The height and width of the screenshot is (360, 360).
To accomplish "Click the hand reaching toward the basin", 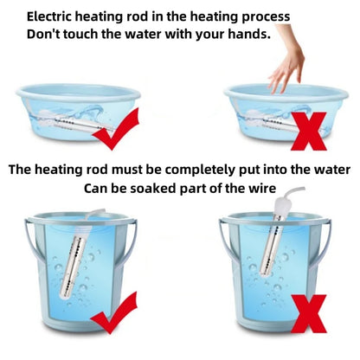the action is [288, 63].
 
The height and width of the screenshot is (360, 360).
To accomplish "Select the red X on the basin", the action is [308, 132].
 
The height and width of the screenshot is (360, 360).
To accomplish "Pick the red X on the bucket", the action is [309, 314].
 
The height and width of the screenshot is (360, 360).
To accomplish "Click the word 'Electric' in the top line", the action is [49, 16].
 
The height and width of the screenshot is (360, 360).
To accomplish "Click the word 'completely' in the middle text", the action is [200, 170].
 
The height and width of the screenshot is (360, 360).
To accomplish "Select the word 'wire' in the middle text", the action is [262, 189].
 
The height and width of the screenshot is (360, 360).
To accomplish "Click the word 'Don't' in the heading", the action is [43, 34].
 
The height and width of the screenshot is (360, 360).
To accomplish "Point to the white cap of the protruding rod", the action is [284, 206].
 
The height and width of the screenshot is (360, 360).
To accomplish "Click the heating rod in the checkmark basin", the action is [75, 123].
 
